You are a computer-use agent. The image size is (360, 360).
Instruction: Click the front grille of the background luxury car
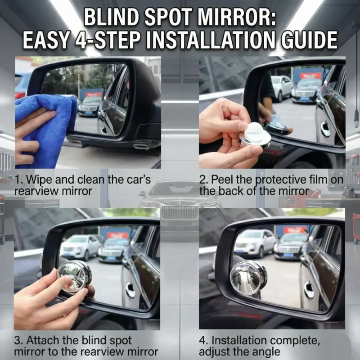point(179,212)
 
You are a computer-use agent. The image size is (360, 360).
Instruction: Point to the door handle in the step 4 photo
point(309,290)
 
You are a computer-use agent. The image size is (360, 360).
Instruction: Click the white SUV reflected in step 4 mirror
point(255,243)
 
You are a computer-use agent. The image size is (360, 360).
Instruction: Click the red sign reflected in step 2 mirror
point(310,76)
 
